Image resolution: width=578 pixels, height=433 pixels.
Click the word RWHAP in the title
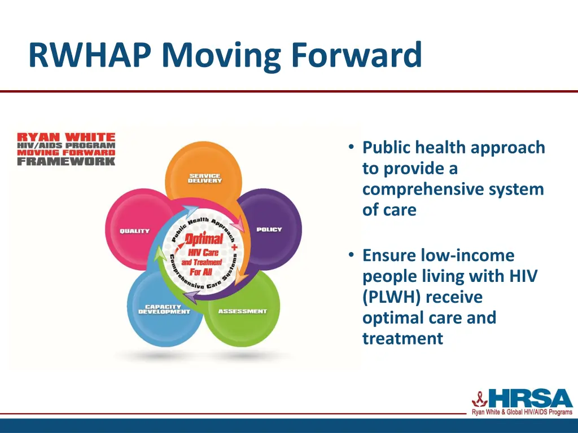90,56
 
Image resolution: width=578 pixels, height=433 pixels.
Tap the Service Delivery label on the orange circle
205,178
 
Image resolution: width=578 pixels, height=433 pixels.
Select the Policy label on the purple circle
269,229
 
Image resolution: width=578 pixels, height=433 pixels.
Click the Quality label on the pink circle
134,231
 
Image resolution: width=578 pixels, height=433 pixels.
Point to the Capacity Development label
164,310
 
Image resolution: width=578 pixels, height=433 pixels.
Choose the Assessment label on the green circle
242,311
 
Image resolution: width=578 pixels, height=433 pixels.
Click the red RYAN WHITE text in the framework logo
66,137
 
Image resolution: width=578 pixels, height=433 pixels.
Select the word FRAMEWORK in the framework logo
66,161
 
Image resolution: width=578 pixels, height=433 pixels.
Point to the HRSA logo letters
530,399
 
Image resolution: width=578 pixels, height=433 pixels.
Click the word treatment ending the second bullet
402,338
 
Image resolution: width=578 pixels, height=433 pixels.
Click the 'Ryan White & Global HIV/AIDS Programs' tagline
522,413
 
